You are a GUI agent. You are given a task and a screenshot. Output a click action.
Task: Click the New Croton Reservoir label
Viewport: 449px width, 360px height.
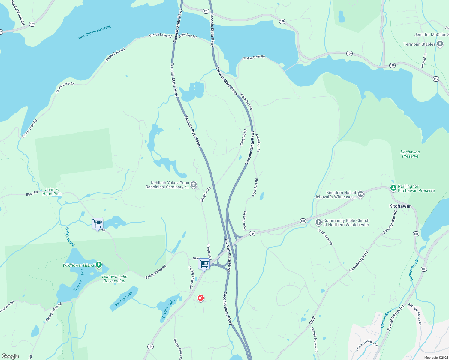click(x=95, y=32)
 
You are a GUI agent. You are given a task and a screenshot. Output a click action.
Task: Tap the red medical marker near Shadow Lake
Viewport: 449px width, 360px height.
click(x=201, y=298)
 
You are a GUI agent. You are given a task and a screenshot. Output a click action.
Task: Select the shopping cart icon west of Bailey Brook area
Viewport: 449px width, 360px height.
click(x=97, y=223)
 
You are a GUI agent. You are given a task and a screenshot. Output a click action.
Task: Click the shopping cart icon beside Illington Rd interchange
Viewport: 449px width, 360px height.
click(x=204, y=264)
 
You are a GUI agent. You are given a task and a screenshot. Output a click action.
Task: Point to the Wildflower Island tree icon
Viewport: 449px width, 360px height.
click(x=99, y=265)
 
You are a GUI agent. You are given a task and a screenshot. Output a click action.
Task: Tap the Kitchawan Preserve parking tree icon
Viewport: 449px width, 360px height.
click(x=393, y=188)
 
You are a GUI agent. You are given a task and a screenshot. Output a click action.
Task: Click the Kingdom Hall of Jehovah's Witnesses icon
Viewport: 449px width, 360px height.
click(x=361, y=194)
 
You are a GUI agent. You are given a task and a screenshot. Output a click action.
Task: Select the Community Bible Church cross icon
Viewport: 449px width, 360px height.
click(x=318, y=223)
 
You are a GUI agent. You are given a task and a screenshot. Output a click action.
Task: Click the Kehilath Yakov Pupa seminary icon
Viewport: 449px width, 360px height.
click(x=194, y=184)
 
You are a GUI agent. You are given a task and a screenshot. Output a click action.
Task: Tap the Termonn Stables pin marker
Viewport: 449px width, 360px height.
click(x=440, y=44)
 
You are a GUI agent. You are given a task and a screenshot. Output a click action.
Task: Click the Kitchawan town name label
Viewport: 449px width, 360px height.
click(x=400, y=206)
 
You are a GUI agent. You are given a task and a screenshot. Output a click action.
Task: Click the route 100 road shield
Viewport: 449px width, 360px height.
click(x=424, y=269)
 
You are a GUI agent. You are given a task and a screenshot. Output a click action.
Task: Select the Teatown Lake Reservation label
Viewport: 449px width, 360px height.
click(x=114, y=279)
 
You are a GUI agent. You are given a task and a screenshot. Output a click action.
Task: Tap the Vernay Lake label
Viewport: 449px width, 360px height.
click(x=123, y=299)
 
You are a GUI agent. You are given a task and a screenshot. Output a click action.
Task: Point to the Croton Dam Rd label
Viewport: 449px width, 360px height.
click(x=254, y=57)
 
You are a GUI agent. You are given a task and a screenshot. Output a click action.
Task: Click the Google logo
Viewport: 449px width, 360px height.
click(x=10, y=356)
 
